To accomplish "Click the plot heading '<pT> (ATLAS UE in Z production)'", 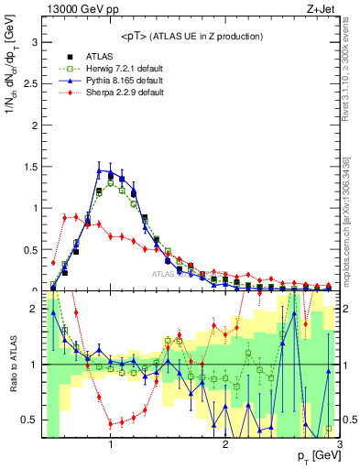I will tap(191, 36).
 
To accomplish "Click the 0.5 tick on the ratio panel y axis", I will tap(28, 420).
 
